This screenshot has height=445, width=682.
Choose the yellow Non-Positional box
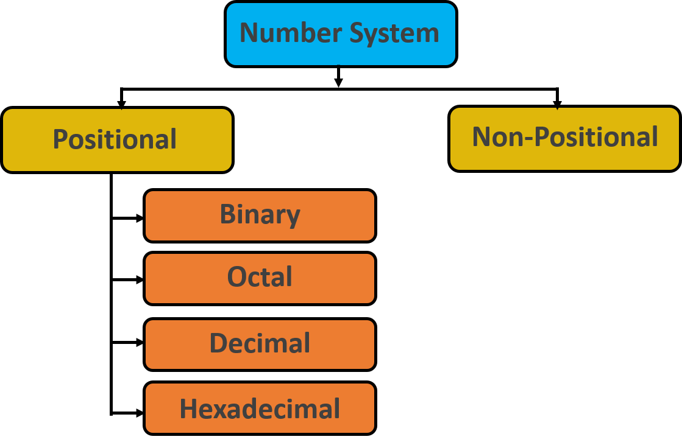point(564,138)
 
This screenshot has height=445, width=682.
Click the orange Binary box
point(260,215)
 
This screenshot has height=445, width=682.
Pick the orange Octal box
point(260,278)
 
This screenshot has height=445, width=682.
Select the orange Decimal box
point(260,344)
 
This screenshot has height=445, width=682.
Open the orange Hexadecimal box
point(260,408)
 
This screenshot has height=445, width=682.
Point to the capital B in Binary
point(227,214)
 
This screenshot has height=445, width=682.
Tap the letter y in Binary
point(293,217)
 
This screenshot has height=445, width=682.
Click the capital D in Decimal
point(218,343)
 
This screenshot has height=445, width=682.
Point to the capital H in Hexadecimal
point(188,408)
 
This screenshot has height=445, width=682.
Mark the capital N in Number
point(249,33)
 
